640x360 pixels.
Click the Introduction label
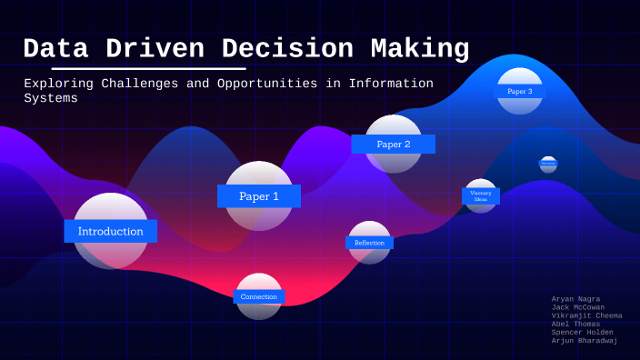coord(110,231)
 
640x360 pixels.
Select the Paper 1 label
coord(258,195)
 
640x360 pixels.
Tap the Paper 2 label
coord(393,144)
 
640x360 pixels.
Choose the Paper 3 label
coord(520,91)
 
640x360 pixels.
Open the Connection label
coord(259,296)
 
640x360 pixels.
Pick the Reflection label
coord(369,243)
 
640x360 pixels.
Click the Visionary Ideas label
coord(481,195)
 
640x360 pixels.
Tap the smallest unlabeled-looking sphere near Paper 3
coord(548,164)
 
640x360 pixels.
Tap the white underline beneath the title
coord(148,68)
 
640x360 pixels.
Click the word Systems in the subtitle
coord(51,99)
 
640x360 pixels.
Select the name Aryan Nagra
coord(575,299)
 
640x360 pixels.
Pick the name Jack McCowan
coord(578,307)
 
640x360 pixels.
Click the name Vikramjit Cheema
coord(586,315)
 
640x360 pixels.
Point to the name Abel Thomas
coord(575,324)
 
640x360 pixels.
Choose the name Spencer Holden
coord(582,332)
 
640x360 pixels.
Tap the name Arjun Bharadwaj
coord(585,340)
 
